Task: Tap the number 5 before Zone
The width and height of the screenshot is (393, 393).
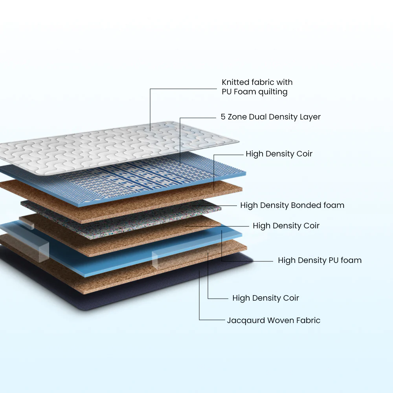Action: [x=223, y=117]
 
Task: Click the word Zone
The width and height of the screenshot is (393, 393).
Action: [x=237, y=117]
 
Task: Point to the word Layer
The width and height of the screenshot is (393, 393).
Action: [x=310, y=117]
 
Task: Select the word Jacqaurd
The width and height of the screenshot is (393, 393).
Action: [x=246, y=321]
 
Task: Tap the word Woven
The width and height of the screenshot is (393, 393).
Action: [x=280, y=321]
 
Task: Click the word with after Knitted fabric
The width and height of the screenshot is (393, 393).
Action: [x=285, y=83]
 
